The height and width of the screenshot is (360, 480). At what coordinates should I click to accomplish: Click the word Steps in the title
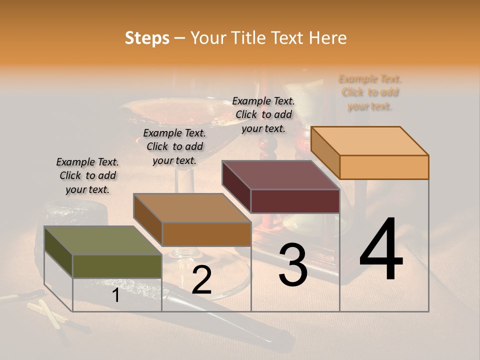147,38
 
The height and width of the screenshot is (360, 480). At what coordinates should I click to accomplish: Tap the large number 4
381,250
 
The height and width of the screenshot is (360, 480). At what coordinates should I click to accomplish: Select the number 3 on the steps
293,265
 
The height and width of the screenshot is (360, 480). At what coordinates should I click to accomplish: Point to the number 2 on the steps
201,280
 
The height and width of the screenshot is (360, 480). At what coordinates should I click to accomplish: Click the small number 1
115,295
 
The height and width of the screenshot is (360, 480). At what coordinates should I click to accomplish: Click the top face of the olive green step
102,240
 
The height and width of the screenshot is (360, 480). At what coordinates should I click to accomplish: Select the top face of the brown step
192,207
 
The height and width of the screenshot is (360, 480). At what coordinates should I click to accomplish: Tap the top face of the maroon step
280,175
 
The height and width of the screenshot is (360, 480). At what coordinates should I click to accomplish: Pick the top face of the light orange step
369,141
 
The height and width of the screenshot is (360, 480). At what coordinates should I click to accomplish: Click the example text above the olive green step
87,175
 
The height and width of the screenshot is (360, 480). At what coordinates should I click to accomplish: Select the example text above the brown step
174,146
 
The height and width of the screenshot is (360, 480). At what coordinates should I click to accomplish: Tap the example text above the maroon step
263,114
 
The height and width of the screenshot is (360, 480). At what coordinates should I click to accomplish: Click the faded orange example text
370,92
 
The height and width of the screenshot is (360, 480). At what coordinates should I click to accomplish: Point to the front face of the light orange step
384,167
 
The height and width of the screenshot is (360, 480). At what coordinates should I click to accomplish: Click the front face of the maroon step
295,201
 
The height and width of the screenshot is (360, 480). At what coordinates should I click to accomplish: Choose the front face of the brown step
206,234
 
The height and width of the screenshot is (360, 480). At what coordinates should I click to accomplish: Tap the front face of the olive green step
117,266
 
